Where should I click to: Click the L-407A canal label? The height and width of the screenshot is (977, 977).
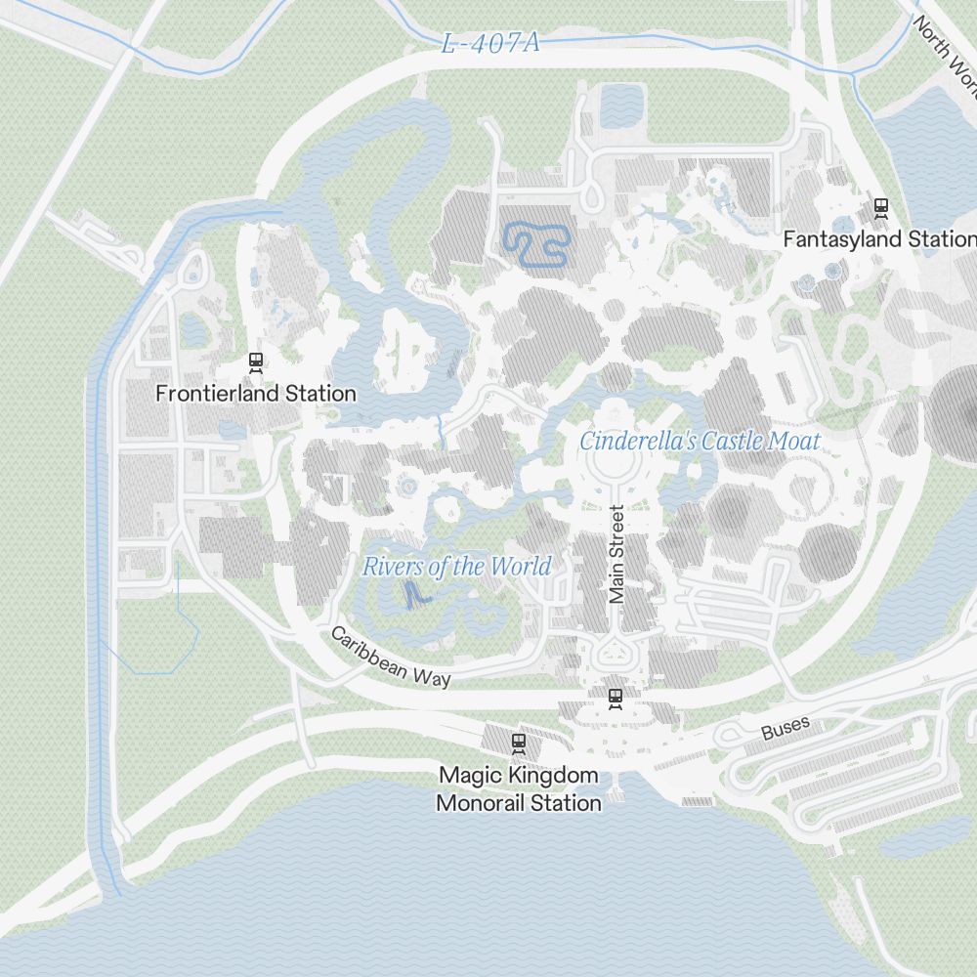click(x=489, y=44)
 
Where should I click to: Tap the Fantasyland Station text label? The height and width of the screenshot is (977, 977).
click(x=878, y=239)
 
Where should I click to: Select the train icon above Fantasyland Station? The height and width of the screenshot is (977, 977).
click(x=880, y=207)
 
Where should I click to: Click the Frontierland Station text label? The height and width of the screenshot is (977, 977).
click(x=256, y=394)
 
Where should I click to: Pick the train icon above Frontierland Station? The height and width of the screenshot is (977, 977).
click(x=256, y=361)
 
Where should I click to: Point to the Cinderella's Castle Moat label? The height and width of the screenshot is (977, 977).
click(x=700, y=442)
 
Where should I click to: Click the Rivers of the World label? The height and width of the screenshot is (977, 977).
click(x=456, y=567)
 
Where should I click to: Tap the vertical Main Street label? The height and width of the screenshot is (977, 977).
click(x=616, y=554)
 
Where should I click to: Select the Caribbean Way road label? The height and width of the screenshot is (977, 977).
click(x=391, y=657)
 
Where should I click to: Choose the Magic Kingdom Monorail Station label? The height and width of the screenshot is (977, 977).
click(x=518, y=789)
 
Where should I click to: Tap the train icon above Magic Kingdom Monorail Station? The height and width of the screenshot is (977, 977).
click(x=518, y=743)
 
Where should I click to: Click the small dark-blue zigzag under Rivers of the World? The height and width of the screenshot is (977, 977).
click(x=415, y=594)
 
